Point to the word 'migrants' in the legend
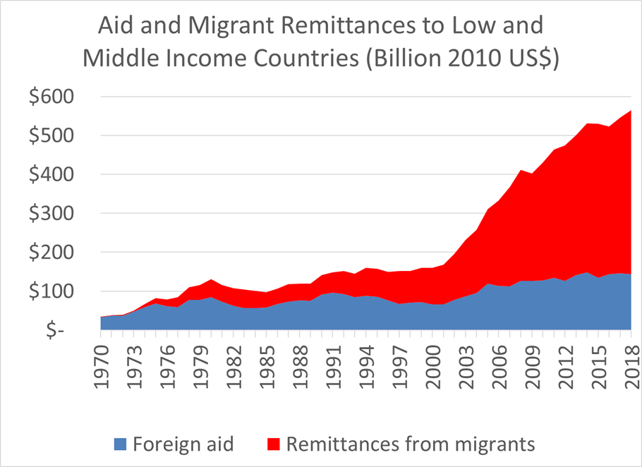(x=497, y=444)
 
